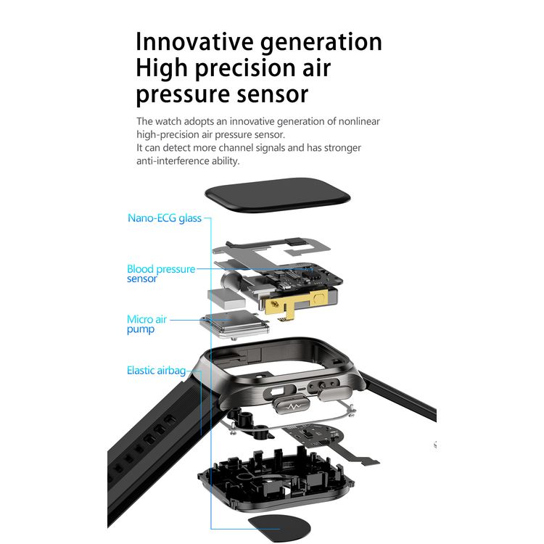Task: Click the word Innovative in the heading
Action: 194,41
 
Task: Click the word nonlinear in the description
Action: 359,121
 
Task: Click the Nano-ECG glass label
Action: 165,218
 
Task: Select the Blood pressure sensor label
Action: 161,273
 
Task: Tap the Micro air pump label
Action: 147,324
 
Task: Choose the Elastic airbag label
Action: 156,371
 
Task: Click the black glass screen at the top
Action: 278,195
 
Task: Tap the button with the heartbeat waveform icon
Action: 292,405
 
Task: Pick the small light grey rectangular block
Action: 226,297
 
